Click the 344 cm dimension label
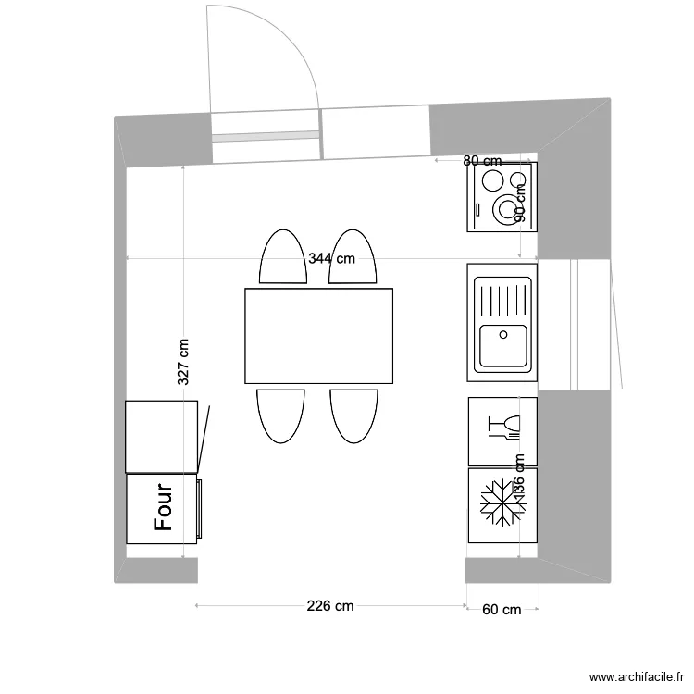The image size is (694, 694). pyautogui.click(x=331, y=259)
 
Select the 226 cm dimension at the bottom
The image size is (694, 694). pyautogui.click(x=330, y=607)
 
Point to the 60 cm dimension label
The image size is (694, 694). pyautogui.click(x=502, y=609)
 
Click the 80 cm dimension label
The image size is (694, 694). pyautogui.click(x=482, y=161)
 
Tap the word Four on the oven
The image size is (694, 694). pyautogui.click(x=164, y=507)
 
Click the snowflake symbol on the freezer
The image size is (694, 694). pyautogui.click(x=501, y=504)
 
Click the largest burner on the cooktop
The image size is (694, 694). pyautogui.click(x=508, y=208)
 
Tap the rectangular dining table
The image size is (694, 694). pyautogui.click(x=318, y=335)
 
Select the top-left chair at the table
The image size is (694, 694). pyautogui.click(x=280, y=258)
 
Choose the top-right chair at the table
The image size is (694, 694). pyautogui.click(x=354, y=258)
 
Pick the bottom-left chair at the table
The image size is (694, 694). pyautogui.click(x=280, y=415)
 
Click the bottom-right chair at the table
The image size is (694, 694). pyautogui.click(x=354, y=415)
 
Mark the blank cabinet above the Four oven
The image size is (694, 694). pyautogui.click(x=162, y=436)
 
